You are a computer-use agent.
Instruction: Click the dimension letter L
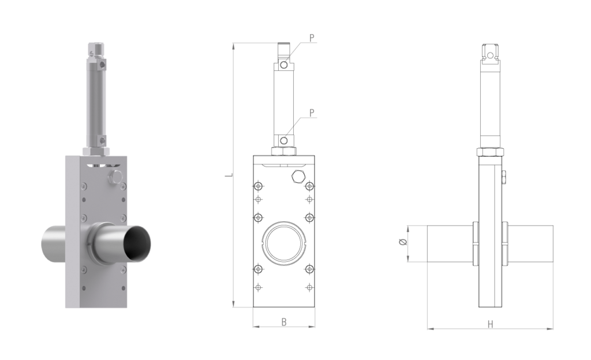coord(228,175)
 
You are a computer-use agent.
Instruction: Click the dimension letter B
coord(284,322)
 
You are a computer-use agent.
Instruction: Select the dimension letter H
coord(490,324)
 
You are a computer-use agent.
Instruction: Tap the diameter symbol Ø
coord(402,242)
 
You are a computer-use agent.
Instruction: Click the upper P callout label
coord(312,38)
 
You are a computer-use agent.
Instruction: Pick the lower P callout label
coord(312,112)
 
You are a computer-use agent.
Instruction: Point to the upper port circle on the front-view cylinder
coord(284,65)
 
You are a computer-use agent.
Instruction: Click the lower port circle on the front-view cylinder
coord(284,141)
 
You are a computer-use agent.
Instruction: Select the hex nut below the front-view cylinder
coord(284,151)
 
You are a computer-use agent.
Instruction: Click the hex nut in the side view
coord(490,152)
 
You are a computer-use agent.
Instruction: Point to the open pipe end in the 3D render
coord(137,242)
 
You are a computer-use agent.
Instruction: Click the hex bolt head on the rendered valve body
coord(115,177)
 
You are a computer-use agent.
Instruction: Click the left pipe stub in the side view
coord(449,243)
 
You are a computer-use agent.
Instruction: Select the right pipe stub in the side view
coord(531,243)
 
